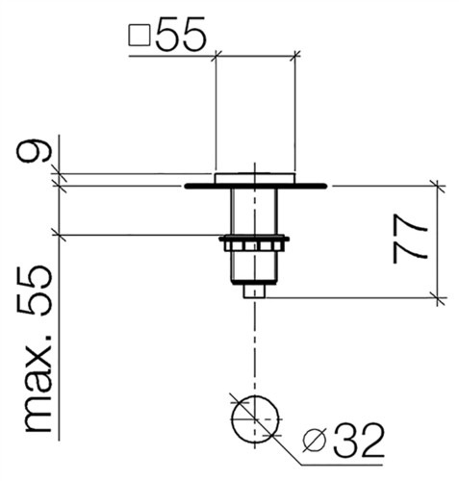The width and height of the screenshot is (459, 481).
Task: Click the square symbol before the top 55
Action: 140,36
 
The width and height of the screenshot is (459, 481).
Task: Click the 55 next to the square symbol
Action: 181,35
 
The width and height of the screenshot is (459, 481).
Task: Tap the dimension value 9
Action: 34,151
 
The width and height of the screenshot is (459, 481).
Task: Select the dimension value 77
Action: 410,239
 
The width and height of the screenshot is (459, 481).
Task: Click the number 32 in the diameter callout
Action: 359,441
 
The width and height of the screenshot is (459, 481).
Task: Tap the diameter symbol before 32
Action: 315,440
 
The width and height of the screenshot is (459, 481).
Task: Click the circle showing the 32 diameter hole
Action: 255,419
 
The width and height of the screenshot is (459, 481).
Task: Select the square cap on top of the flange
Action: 255,178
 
